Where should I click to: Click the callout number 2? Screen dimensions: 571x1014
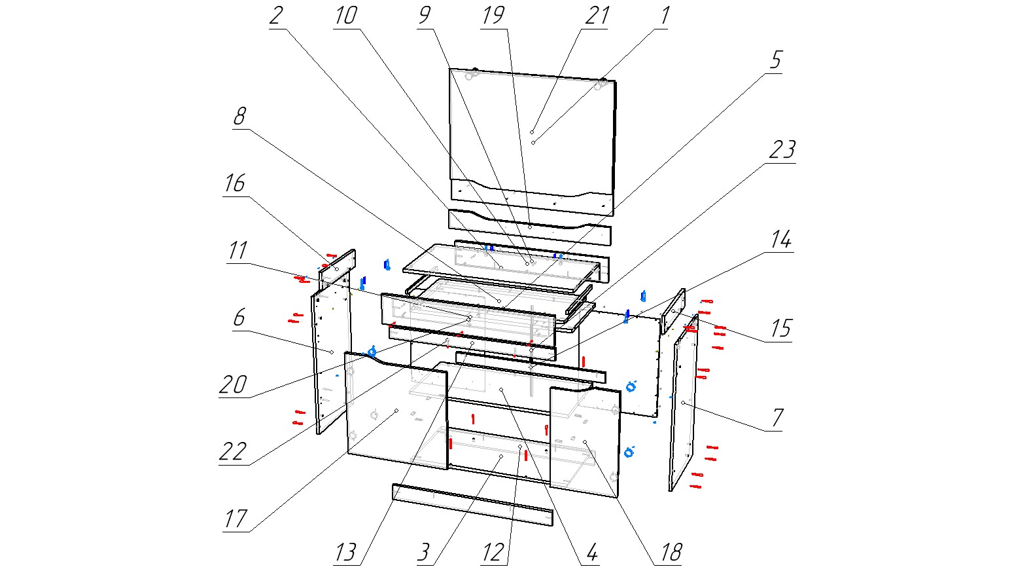tap(277, 15)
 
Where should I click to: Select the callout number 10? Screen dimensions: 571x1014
tap(345, 15)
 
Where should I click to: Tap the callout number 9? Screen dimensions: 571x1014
tap(425, 15)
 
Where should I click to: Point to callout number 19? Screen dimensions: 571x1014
tap(493, 15)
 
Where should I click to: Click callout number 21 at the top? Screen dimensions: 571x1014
tap(597, 15)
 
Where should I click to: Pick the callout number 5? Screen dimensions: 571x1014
tap(775, 60)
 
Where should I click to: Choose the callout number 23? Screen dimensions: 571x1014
tap(782, 150)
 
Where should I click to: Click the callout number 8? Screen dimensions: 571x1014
tap(239, 117)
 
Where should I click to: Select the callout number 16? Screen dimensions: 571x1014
tap(234, 183)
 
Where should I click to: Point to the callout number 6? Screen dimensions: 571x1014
tap(239, 318)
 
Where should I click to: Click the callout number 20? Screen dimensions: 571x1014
tap(233, 385)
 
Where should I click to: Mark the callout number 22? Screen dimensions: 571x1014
tap(233, 452)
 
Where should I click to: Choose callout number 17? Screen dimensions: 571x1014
tap(236, 519)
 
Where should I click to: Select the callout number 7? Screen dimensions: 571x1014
tap(777, 417)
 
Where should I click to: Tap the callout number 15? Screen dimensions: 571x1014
tap(780, 328)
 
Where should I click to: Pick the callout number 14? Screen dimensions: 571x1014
tap(780, 240)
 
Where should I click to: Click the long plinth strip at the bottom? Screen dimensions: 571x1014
tap(472, 505)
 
